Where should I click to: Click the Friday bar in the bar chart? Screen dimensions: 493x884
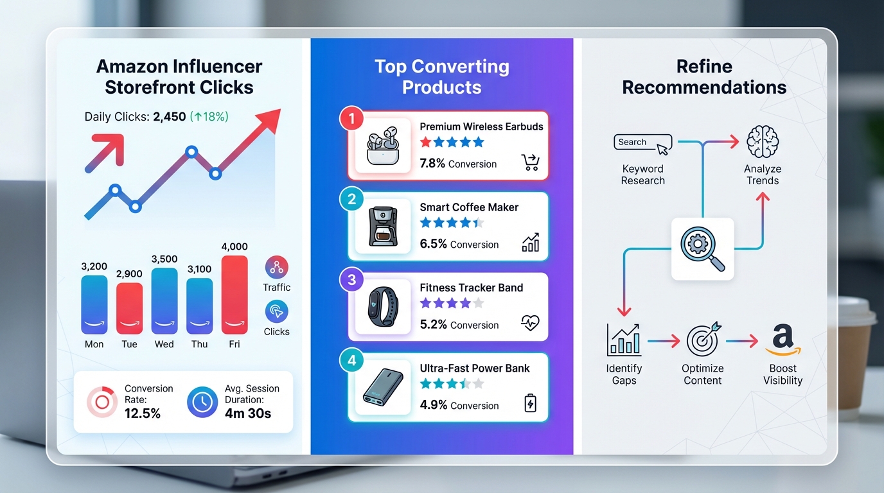coord(234,295)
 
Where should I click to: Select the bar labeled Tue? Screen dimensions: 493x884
coord(129,308)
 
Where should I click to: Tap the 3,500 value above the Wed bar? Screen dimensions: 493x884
coord(164,259)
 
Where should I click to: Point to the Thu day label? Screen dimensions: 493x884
coord(199,344)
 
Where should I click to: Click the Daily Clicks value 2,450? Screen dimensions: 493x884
coord(170,117)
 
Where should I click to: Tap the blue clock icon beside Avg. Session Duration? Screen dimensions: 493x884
coord(202,402)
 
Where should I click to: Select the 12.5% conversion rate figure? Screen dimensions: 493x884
coord(142,413)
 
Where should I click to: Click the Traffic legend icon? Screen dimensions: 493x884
coord(276,267)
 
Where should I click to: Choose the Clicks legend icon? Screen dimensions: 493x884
coord(276,311)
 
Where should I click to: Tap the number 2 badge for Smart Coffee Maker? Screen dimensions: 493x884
coord(351,199)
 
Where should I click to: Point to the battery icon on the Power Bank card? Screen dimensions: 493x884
coord(530,404)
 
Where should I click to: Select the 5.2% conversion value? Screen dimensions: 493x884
coord(433,324)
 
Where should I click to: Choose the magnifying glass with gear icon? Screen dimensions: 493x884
coord(702,248)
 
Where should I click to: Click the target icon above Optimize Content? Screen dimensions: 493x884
coord(702,340)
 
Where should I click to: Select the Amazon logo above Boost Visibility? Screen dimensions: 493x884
coord(782,340)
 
